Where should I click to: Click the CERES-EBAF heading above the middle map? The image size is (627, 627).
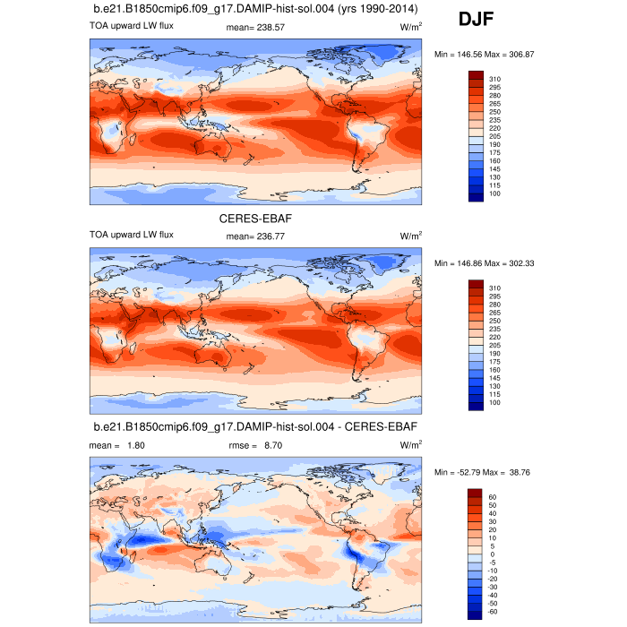pyautogui.click(x=255, y=218)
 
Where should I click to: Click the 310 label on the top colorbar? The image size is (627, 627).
pyautogui.click(x=495, y=79)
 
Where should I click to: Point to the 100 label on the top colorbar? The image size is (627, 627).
pyautogui.click(x=495, y=194)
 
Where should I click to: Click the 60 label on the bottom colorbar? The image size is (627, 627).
pyautogui.click(x=494, y=496)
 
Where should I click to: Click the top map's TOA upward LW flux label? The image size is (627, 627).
pyautogui.click(x=131, y=25)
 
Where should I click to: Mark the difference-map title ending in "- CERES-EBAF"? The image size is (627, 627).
pyautogui.click(x=255, y=426)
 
